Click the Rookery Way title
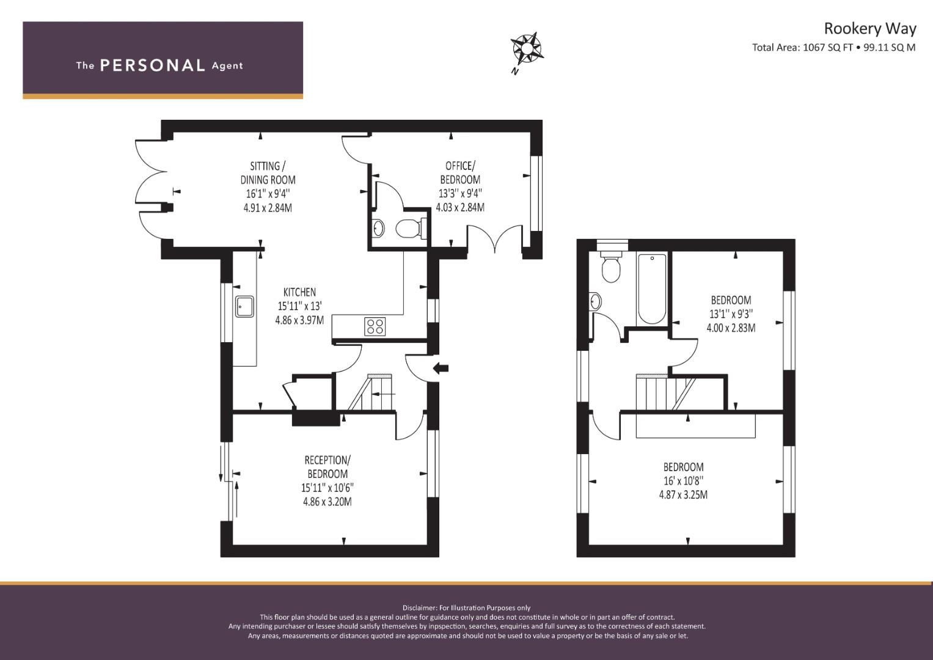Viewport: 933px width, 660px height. pyautogui.click(x=870, y=29)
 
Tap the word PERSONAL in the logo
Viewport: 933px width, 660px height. pyautogui.click(x=153, y=65)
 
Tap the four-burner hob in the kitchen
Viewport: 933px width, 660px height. pyautogui.click(x=375, y=326)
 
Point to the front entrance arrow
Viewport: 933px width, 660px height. pyautogui.click(x=441, y=368)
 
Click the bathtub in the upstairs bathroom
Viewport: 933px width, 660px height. pyautogui.click(x=652, y=288)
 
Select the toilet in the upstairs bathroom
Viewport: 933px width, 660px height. pyautogui.click(x=612, y=265)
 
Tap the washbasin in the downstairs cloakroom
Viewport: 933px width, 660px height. pyautogui.click(x=378, y=228)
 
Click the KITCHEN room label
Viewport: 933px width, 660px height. pyautogui.click(x=299, y=292)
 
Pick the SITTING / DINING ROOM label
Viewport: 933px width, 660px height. pyautogui.click(x=268, y=173)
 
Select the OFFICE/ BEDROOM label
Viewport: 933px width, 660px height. pyautogui.click(x=460, y=172)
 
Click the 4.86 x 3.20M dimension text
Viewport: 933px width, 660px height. pyautogui.click(x=327, y=502)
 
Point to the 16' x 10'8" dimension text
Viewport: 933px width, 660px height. pyautogui.click(x=684, y=481)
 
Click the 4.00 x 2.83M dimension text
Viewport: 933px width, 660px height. pyautogui.click(x=731, y=328)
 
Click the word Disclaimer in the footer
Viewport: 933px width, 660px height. pyautogui.click(x=419, y=608)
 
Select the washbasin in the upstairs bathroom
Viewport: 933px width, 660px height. pyautogui.click(x=596, y=301)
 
